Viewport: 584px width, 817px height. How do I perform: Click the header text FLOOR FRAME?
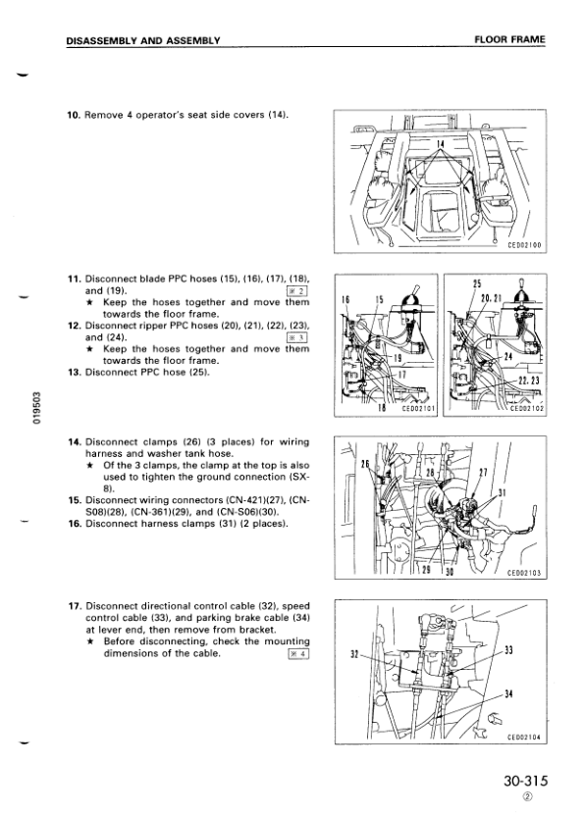(x=509, y=39)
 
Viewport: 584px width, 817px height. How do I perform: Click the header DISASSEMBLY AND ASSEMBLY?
(x=143, y=40)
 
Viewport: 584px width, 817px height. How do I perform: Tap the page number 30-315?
(x=526, y=781)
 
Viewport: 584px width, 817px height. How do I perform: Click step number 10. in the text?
(x=74, y=115)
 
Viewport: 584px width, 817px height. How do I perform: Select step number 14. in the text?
(x=75, y=441)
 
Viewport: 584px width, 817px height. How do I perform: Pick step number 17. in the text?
(x=75, y=606)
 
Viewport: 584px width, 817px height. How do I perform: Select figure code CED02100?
(x=524, y=245)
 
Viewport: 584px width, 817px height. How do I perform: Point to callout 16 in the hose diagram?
(x=345, y=299)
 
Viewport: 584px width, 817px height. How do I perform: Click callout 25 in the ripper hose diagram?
(x=477, y=284)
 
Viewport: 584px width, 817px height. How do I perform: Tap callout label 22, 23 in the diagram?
(x=529, y=381)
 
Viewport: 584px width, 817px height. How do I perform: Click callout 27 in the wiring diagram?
(x=483, y=473)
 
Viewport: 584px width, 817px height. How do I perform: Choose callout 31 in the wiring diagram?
(x=503, y=492)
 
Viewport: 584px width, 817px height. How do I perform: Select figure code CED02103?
(x=524, y=573)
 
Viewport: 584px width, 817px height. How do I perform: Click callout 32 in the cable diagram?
(x=354, y=654)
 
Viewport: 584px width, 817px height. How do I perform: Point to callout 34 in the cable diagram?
(x=509, y=693)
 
